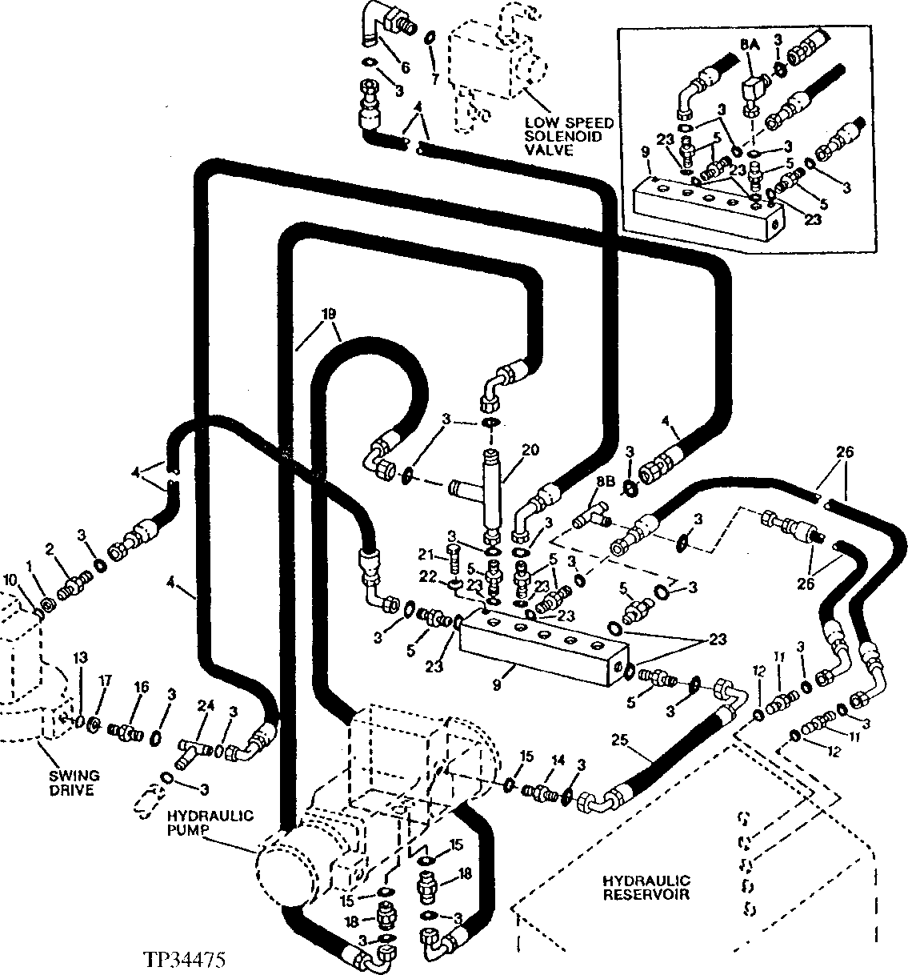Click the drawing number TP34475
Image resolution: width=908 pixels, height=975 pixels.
184,959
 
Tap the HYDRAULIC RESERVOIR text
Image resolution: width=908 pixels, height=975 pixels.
646,887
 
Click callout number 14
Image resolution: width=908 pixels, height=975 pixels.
558,760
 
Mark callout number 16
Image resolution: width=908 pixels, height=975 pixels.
141,688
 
